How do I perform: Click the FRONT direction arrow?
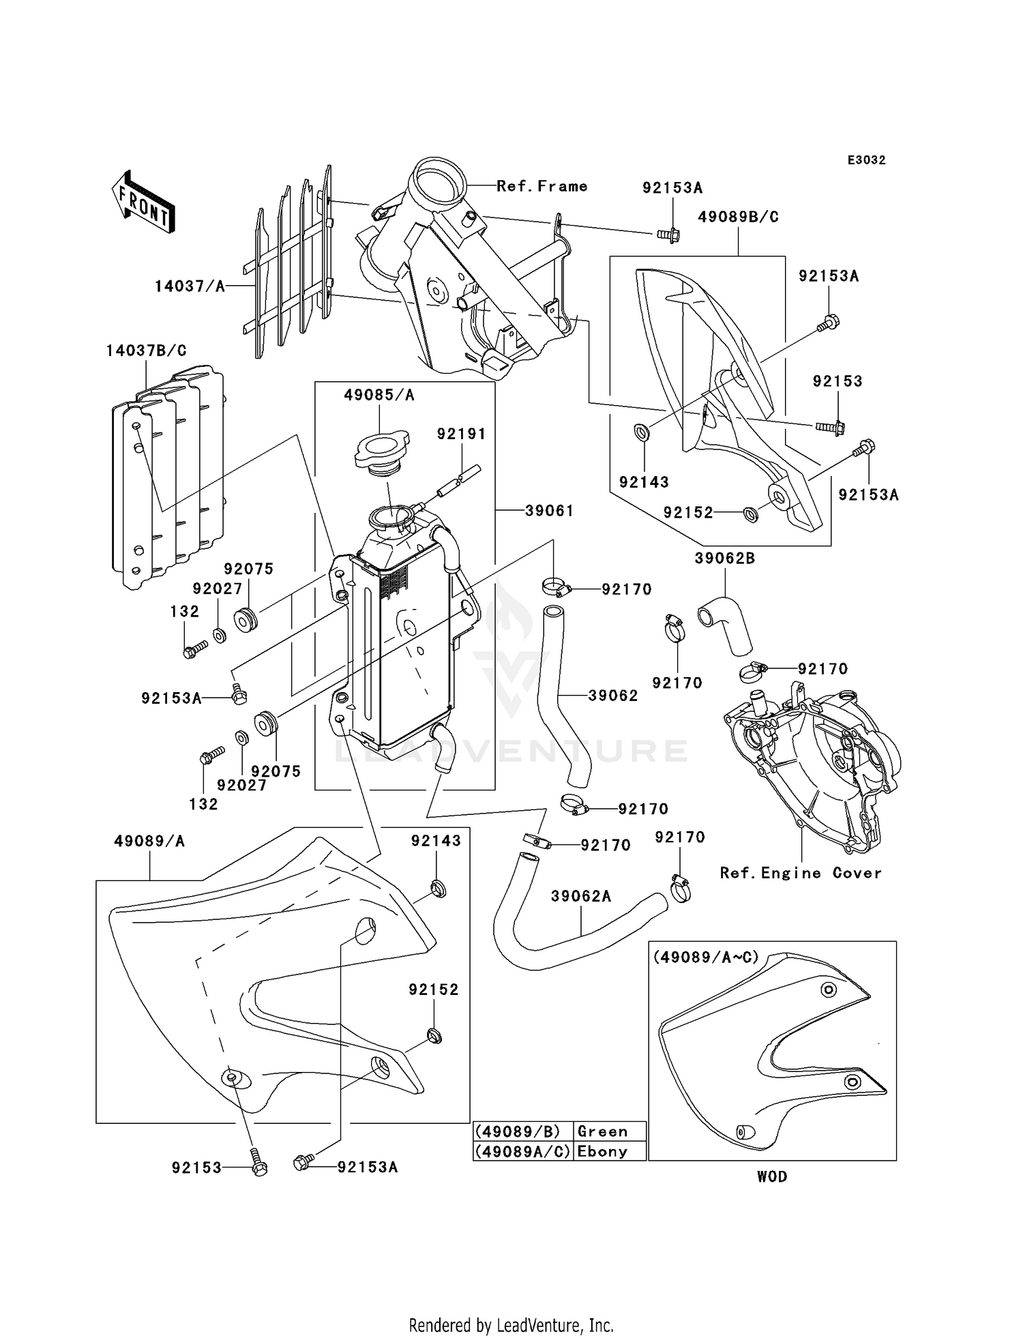[144, 202]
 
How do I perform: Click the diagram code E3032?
[866, 160]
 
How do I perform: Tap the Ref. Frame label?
[542, 186]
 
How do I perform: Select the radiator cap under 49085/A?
[382, 451]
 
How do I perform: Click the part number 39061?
[549, 511]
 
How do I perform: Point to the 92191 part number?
[461, 434]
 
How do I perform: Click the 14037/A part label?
[190, 286]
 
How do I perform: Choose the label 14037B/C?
[146, 351]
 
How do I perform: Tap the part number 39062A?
[581, 896]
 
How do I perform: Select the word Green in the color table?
[602, 1131]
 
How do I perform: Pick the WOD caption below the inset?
[772, 1176]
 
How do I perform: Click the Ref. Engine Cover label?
[801, 874]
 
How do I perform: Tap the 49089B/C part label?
[738, 218]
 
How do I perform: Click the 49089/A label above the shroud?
[149, 842]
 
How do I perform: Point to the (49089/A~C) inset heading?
[706, 957]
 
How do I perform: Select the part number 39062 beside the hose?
[613, 696]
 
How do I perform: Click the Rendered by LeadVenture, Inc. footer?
[512, 1326]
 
